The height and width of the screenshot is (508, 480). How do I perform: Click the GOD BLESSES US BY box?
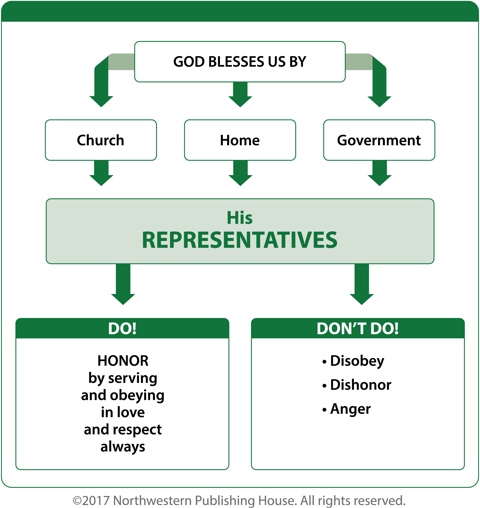pyautogui.click(x=240, y=62)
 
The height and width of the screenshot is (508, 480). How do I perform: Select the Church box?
pyautogui.click(x=101, y=140)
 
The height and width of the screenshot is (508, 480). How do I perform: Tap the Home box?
pyautogui.click(x=240, y=140)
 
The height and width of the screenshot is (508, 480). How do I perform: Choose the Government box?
pyautogui.click(x=379, y=140)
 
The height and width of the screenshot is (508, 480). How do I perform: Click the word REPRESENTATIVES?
pyautogui.click(x=240, y=240)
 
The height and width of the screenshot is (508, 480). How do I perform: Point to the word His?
pyautogui.click(x=240, y=218)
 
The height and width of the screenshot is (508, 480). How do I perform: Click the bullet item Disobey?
pyautogui.click(x=353, y=361)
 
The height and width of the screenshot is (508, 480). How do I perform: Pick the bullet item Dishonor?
pyautogui.click(x=357, y=385)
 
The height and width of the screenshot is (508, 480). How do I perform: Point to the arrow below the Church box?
pyautogui.click(x=101, y=173)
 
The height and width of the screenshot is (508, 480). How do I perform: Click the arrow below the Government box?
pyautogui.click(x=380, y=173)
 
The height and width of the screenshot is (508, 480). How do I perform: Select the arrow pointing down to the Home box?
pyautogui.click(x=240, y=94)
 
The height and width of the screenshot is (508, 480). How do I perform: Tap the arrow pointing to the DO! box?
pyautogui.click(x=123, y=284)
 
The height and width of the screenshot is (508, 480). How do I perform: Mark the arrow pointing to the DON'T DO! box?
pyautogui.click(x=362, y=284)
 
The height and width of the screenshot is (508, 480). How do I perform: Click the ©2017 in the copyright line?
pyautogui.click(x=91, y=500)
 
